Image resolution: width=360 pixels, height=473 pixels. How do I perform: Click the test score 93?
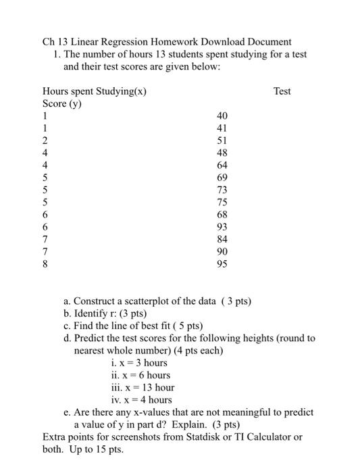point(222,226)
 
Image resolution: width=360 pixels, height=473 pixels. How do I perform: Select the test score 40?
point(222,116)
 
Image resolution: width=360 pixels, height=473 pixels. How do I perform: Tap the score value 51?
point(222,141)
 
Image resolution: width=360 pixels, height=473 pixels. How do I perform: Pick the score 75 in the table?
point(222,202)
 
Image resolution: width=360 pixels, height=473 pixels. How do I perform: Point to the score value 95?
point(222,264)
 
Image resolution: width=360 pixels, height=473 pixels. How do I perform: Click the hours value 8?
point(45,264)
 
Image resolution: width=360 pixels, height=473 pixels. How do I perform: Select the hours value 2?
point(45,141)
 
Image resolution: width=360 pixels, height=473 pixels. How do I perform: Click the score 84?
point(222,239)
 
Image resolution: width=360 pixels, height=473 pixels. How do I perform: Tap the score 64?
point(222,165)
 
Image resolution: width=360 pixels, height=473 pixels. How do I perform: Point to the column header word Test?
point(282,91)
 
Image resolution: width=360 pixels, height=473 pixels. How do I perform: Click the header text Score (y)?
point(63,103)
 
